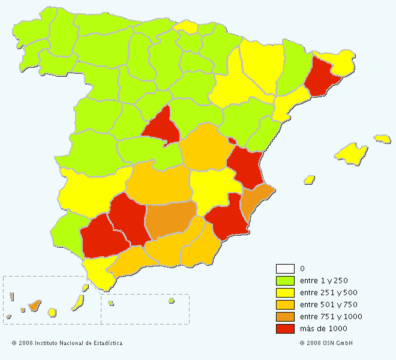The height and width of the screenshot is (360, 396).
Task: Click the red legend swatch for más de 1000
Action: pyautogui.click(x=285, y=328)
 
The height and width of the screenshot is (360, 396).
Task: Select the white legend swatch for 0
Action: pyautogui.click(x=285, y=268)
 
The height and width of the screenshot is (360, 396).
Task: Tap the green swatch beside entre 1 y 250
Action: pyautogui.click(x=285, y=280)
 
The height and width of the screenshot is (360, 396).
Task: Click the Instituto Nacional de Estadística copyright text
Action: pyautogui.click(x=67, y=343)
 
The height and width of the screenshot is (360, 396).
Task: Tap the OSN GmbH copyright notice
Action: pyautogui.click(x=326, y=343)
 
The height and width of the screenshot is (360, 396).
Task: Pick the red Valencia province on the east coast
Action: pyautogui.click(x=245, y=165)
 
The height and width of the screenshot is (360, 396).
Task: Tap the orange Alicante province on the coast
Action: pyautogui.click(x=256, y=201)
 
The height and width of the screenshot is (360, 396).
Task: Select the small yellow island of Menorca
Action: pyautogui.click(x=382, y=139)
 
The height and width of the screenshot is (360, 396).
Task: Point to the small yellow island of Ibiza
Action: pyautogui.click(x=310, y=179)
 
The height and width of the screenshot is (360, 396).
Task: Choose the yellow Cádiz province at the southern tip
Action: pyautogui.click(x=98, y=273)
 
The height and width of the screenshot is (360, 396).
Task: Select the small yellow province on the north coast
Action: pyautogui.click(x=187, y=26)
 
